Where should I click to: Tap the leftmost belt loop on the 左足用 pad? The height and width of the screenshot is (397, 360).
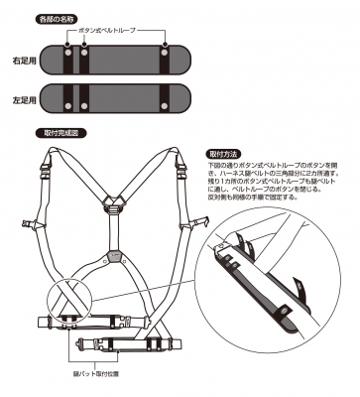point(69,100)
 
